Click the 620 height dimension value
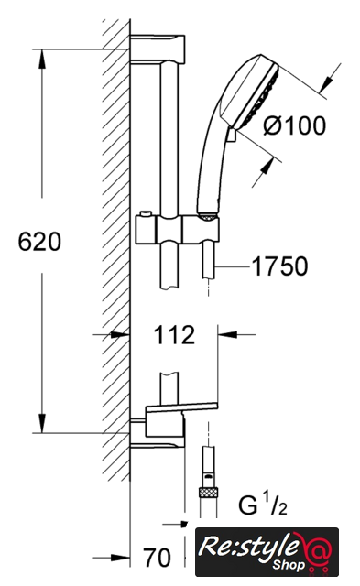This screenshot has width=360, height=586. [39, 242]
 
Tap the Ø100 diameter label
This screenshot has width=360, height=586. [295, 125]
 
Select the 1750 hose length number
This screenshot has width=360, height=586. [280, 266]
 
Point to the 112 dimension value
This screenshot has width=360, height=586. [174, 335]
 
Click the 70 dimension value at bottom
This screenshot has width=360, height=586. [158, 558]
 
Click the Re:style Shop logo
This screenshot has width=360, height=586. [267, 552]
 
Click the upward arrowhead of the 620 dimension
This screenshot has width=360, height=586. [42, 59]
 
